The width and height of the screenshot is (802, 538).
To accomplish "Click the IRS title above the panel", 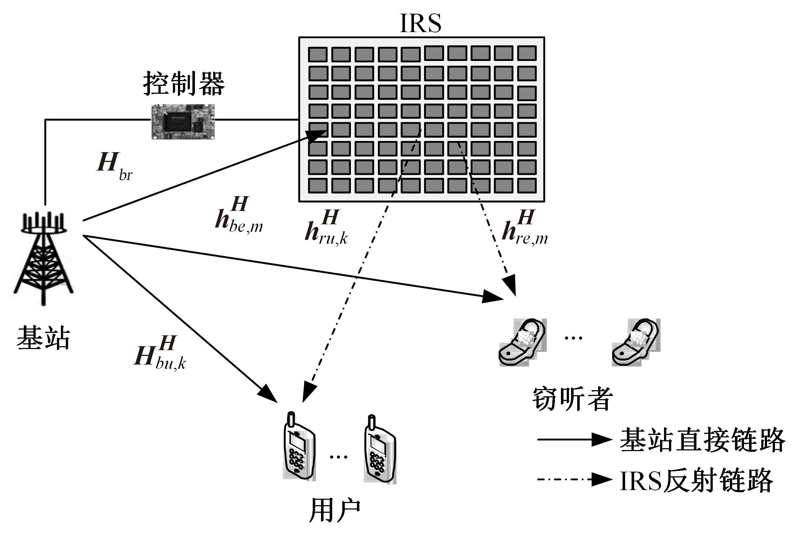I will (420, 24).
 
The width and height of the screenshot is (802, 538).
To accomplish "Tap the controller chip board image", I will (183, 122).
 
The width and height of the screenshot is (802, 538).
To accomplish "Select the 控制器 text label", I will (184, 83).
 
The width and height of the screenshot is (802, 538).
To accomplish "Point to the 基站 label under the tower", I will (43, 338).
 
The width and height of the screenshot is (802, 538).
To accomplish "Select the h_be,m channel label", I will (239, 215).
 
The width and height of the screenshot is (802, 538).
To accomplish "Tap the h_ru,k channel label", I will (326, 229).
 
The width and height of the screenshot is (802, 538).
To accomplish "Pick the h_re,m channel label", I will (525, 229).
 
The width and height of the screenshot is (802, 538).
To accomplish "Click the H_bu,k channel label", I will (160, 353).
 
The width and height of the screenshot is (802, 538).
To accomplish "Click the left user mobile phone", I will (299, 447).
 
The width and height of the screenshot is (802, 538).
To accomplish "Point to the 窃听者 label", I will (572, 399).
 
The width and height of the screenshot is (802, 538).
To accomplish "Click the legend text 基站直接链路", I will (702, 440).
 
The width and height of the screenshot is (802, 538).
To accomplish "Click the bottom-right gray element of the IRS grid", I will (527, 186).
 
